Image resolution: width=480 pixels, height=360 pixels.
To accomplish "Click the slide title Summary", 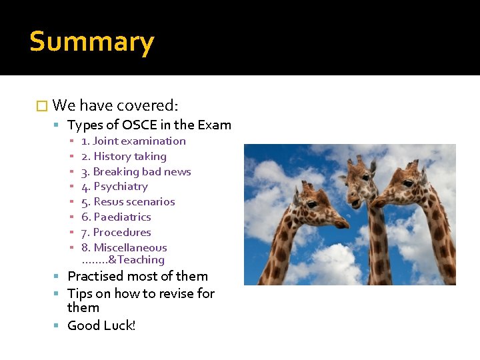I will (92, 42).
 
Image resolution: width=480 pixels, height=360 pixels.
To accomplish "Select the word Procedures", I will (122, 232).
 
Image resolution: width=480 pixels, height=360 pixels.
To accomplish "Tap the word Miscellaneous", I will (130, 247).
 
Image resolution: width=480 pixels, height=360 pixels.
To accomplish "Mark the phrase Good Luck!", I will (101, 325).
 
